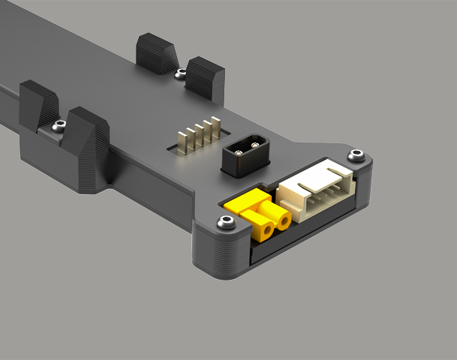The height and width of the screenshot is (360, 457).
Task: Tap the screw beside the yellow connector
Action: tap(224, 223)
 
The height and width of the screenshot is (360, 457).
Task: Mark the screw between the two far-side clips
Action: tap(180, 73)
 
